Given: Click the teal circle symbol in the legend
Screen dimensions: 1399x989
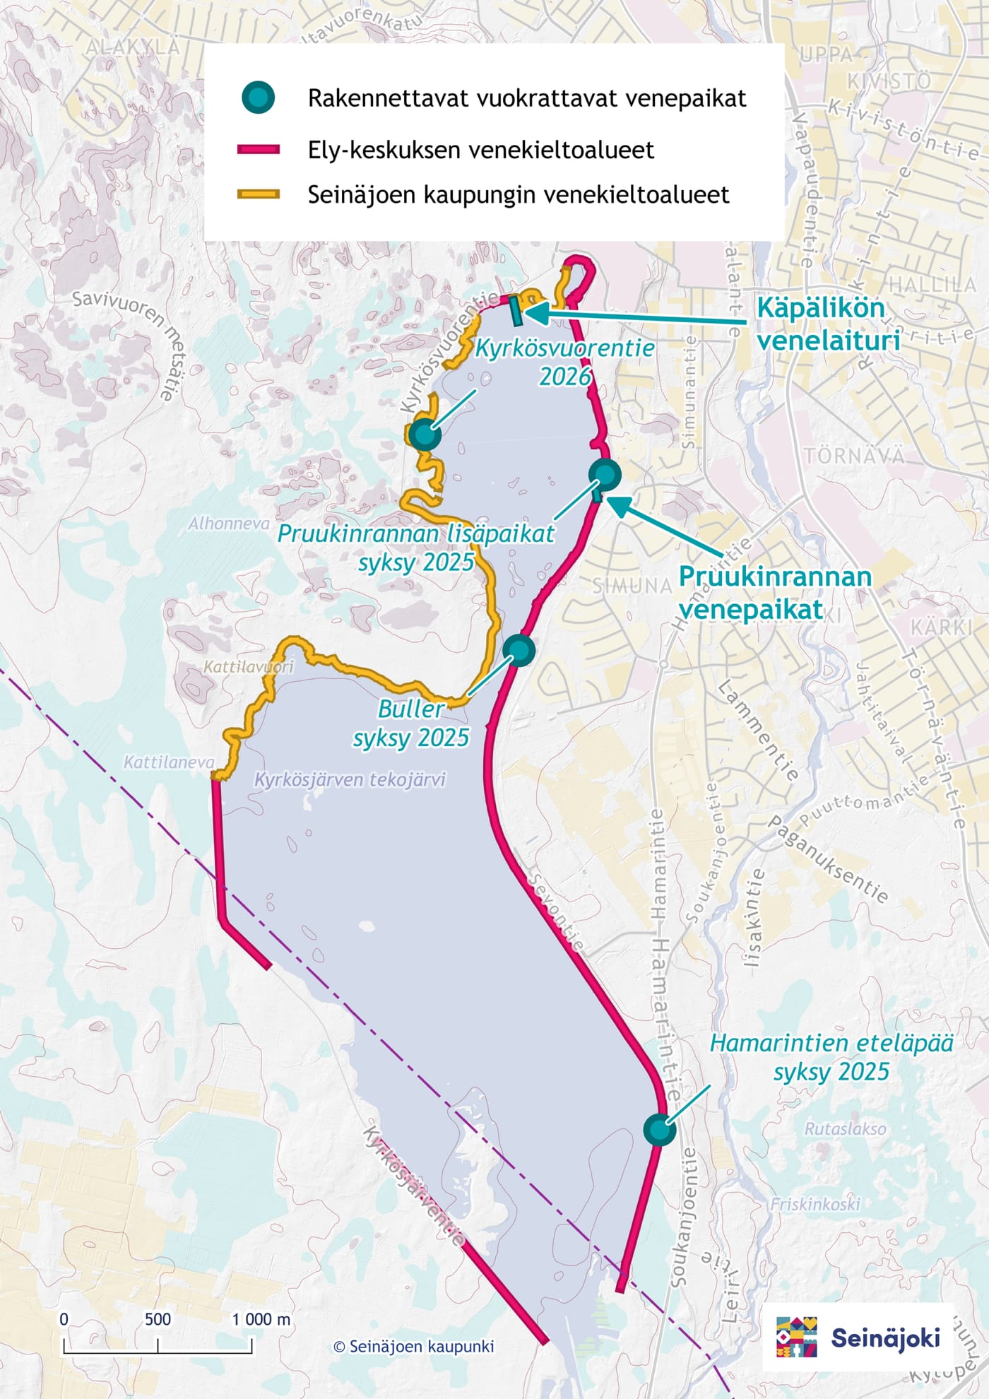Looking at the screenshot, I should [258, 98].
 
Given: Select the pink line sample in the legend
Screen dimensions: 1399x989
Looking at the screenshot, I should [258, 150].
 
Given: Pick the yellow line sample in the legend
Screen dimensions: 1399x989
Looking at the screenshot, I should [258, 194].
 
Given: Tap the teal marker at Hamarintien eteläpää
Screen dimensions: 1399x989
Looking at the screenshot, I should [660, 1128].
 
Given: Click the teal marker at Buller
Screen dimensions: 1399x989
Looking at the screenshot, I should [519, 649].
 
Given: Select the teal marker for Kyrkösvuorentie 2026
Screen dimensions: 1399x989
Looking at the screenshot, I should [425, 434].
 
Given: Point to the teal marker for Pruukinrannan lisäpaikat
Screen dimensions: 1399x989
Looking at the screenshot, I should [605, 474].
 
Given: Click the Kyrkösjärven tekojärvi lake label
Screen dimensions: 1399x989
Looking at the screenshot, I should [350, 779].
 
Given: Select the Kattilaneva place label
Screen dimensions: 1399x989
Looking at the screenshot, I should [169, 762].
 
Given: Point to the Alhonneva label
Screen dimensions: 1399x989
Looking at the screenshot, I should [229, 524].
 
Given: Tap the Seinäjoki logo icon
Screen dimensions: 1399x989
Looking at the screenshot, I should [796, 1336].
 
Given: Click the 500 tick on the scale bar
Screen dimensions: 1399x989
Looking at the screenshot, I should [158, 1319].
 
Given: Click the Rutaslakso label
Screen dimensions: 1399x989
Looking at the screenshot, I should [845, 1128].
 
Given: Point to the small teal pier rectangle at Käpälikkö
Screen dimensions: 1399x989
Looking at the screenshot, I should [516, 310].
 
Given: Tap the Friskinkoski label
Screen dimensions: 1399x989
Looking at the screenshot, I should [815, 1203].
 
